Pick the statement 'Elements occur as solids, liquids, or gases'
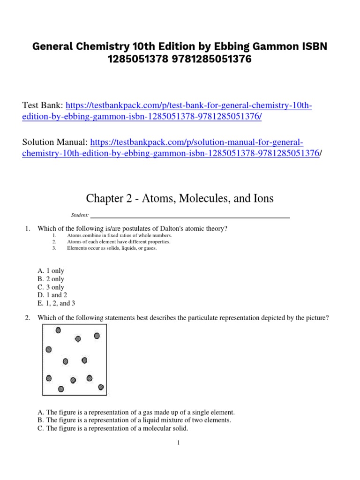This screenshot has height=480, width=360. point(112,248)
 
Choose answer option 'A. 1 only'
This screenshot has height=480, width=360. point(51,271)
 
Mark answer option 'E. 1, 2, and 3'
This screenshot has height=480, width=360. point(56,303)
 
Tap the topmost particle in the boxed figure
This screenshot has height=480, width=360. point(58,330)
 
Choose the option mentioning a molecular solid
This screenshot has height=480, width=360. point(112,428)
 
